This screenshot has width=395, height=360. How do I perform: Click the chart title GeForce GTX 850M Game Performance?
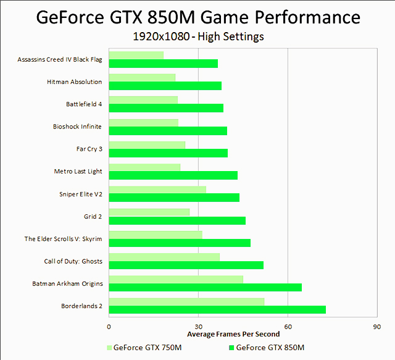[197, 16]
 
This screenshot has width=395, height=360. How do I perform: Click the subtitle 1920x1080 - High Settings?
[198, 36]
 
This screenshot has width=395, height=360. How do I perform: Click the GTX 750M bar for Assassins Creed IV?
[136, 56]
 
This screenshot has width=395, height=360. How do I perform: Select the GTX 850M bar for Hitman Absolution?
[165, 86]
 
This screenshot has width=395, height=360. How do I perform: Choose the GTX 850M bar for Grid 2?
[177, 220]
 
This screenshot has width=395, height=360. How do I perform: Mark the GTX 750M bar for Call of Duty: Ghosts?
[164, 257]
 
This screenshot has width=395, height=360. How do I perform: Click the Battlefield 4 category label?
[84, 104]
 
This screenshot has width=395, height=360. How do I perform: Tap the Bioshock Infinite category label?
[77, 127]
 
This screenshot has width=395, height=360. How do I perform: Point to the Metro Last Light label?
[78, 171]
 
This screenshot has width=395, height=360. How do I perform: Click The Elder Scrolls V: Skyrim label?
[63, 239]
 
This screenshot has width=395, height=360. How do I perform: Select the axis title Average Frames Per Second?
[233, 334]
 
